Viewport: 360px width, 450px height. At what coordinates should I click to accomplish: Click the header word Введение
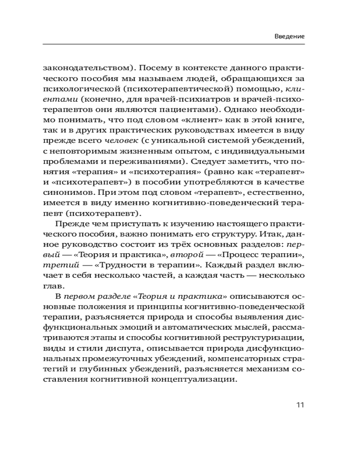tap(289, 36)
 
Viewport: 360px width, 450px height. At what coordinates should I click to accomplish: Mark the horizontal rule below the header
tap(174, 45)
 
